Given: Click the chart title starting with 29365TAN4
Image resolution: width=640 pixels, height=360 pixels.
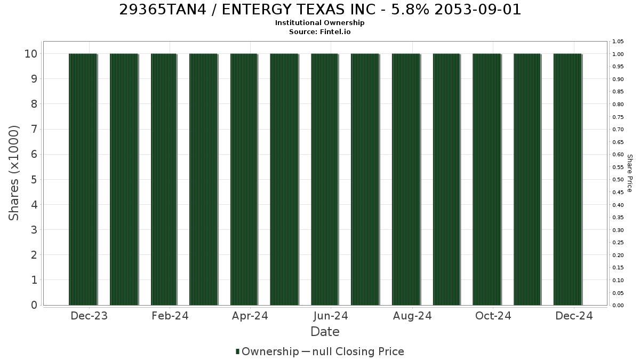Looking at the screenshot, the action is pyautogui.click(x=320, y=10).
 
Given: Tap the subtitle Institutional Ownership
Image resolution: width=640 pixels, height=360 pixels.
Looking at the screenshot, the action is pyautogui.click(x=319, y=23).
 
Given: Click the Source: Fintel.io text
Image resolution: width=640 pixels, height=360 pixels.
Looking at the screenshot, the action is pyautogui.click(x=319, y=31).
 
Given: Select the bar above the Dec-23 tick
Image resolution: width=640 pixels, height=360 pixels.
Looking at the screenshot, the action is pyautogui.click(x=83, y=179).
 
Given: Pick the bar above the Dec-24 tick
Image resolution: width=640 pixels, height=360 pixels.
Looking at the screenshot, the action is pyautogui.click(x=567, y=179).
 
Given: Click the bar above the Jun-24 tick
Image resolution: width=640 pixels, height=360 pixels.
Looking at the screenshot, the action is pyautogui.click(x=325, y=179).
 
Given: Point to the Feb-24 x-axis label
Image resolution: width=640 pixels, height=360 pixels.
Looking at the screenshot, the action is pyautogui.click(x=170, y=316).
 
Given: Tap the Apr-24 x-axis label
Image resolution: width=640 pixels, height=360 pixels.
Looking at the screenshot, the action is pyautogui.click(x=250, y=316).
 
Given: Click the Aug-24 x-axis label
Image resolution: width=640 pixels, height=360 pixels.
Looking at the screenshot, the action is pyautogui.click(x=412, y=316).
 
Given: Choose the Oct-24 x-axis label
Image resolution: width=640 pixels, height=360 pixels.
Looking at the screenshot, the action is pyautogui.click(x=493, y=316).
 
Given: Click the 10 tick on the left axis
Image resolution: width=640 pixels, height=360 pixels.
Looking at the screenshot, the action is pyautogui.click(x=31, y=54).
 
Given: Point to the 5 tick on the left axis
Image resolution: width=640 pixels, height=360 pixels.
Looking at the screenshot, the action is pyautogui.click(x=34, y=180).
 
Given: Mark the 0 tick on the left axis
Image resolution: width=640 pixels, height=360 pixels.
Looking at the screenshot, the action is pyautogui.click(x=34, y=305).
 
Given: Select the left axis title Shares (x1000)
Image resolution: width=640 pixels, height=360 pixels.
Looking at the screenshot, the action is pyautogui.click(x=13, y=173).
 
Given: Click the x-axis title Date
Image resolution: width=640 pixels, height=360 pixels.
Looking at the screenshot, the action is pyautogui.click(x=325, y=332).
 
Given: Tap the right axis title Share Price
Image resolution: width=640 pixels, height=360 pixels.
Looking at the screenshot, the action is pyautogui.click(x=630, y=173).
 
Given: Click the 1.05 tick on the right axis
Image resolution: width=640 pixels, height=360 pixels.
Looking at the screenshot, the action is pyautogui.click(x=618, y=42).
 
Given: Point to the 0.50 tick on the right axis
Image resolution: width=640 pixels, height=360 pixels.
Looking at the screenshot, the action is pyautogui.click(x=618, y=180).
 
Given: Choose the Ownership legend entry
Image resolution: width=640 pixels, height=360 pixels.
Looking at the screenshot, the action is pyautogui.click(x=267, y=351).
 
